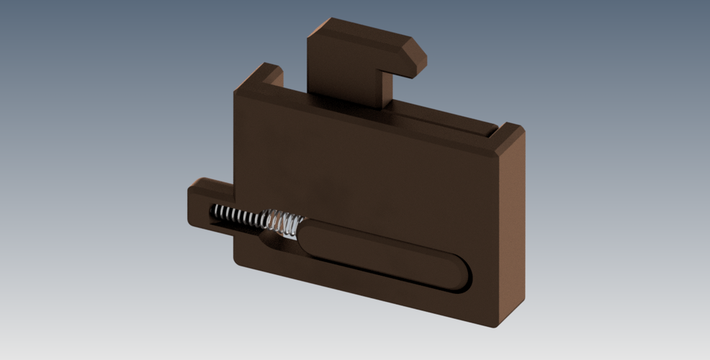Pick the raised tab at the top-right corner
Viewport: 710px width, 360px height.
[509, 135]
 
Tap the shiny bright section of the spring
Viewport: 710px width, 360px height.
[277, 220]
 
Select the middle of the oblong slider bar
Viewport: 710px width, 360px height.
[382, 256]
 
